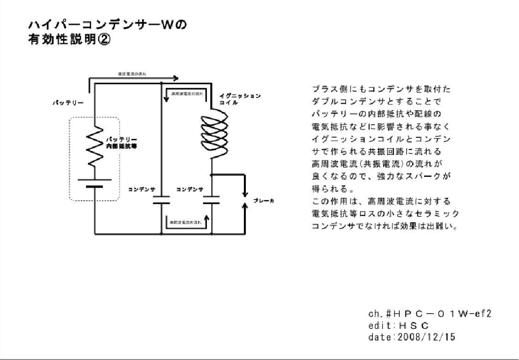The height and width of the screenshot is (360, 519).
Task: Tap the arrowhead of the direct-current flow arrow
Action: [176, 78]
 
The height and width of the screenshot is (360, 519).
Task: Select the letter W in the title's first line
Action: [161, 25]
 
